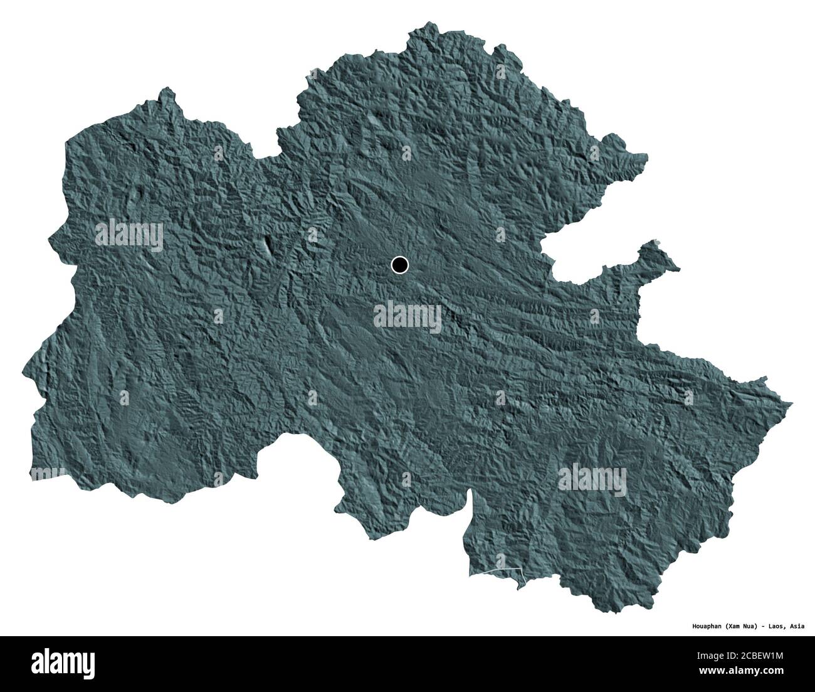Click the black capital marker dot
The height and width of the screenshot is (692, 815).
coord(399,265)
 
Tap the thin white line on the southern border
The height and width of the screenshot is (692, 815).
coord(496,571)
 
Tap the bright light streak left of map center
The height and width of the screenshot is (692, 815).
coord(268,245)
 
